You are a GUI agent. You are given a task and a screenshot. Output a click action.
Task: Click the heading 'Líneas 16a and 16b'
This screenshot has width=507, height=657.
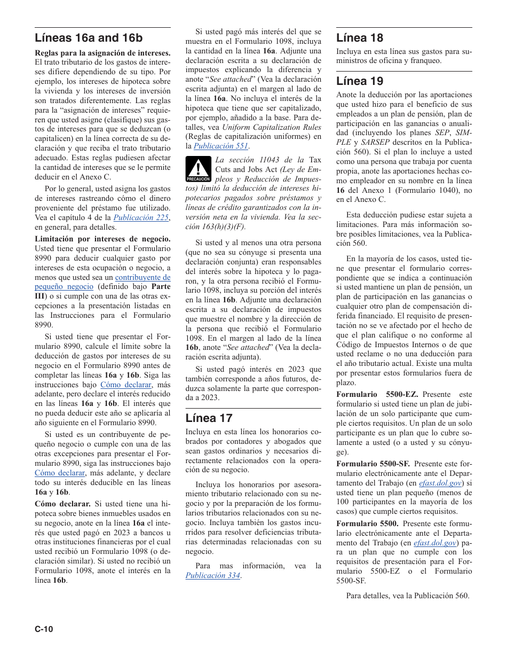coord(89,38)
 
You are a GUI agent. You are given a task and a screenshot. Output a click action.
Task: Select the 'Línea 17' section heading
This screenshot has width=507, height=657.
coord(209,418)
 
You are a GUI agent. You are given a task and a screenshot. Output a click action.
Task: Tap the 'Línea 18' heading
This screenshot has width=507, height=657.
coord(359,37)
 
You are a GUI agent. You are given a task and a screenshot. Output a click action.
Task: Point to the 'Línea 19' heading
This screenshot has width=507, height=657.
coord(359,81)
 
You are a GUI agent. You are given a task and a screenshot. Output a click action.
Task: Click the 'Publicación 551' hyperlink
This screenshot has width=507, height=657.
coord(221,146)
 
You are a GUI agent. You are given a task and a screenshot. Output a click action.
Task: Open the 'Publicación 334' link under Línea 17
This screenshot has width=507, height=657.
coord(212,575)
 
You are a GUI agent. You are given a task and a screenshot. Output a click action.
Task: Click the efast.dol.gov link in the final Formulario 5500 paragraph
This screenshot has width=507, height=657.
coord(435,543)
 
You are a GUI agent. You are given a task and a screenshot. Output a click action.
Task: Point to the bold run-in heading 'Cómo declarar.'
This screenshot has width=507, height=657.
coord(62,504)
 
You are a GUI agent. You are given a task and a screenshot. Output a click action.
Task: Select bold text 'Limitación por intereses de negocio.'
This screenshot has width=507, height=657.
coord(102,239)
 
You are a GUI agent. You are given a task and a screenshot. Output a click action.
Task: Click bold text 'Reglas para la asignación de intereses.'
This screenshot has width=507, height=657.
coord(102,52)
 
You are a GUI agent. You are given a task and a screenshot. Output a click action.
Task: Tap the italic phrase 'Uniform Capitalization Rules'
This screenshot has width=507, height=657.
coord(272,127)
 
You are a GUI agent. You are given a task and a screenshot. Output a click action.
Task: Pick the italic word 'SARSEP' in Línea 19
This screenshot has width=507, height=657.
coord(375,143)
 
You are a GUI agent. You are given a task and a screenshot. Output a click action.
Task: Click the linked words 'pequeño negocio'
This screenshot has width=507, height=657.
coord(57,287)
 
